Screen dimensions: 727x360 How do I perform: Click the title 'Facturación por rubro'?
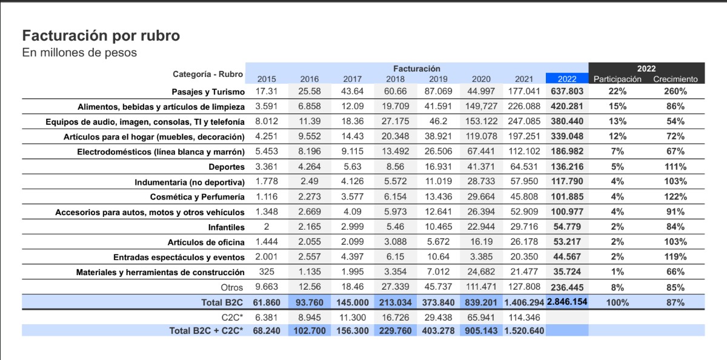point(101,36)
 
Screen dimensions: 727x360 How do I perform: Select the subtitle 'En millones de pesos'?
point(79,53)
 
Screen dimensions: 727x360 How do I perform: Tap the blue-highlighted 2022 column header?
point(566,79)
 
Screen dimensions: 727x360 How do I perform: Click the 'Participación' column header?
point(617,79)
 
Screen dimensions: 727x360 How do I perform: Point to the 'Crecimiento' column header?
point(676,79)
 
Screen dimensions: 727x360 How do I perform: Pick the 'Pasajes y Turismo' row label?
point(208,92)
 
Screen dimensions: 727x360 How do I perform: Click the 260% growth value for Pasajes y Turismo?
point(676,92)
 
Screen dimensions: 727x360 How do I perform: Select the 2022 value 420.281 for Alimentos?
point(566,106)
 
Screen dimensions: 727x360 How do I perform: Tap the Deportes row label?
point(227,167)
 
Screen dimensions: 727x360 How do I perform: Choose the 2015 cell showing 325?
point(267,272)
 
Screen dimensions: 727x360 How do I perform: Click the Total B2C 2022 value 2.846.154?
point(566,302)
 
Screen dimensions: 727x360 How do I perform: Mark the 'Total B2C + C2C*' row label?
point(206,331)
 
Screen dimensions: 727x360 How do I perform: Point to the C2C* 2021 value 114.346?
point(524,317)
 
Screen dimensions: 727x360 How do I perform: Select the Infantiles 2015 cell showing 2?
point(267,227)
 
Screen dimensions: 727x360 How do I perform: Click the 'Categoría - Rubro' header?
point(208,75)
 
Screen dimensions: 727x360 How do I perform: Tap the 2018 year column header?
point(395,79)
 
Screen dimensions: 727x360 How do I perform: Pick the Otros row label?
point(231,287)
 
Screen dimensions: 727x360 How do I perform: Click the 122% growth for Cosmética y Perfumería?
point(676,197)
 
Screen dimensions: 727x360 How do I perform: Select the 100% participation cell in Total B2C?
point(617,302)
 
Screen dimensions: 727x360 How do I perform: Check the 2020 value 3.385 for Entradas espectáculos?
point(481,257)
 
